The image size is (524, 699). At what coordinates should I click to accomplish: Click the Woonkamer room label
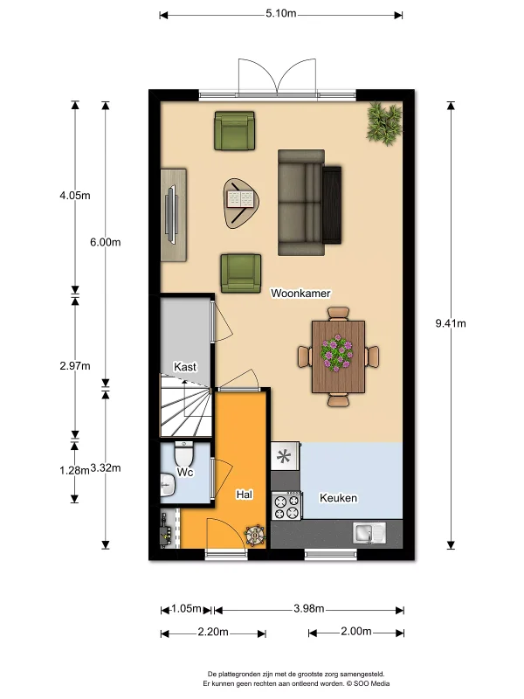click(300, 294)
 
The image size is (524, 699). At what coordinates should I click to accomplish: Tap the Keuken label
click(338, 498)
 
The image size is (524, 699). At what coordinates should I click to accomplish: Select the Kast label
click(185, 367)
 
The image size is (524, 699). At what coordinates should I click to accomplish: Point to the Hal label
click(245, 495)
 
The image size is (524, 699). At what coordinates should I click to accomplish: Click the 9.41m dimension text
click(451, 323)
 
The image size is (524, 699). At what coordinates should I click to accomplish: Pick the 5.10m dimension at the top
click(280, 13)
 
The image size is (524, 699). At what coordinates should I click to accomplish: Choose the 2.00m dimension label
click(356, 631)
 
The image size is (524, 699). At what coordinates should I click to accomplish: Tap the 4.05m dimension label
click(75, 195)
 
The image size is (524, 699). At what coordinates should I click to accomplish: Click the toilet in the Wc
click(183, 453)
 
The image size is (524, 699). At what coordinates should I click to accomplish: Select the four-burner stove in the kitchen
click(286, 506)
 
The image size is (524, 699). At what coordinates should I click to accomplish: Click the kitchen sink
click(369, 533)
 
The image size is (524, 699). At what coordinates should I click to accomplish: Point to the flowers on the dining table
click(336, 353)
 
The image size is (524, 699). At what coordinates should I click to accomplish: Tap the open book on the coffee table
click(241, 199)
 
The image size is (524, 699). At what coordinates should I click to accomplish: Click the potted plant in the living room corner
click(384, 123)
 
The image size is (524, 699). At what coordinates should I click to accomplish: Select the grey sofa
click(301, 203)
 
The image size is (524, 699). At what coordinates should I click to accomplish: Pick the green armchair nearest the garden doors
click(235, 130)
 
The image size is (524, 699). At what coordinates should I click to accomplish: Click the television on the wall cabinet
click(171, 215)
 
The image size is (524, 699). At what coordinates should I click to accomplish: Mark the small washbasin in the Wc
click(167, 485)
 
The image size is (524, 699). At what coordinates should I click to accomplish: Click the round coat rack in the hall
click(255, 535)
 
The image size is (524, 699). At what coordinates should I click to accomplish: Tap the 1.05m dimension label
click(186, 609)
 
